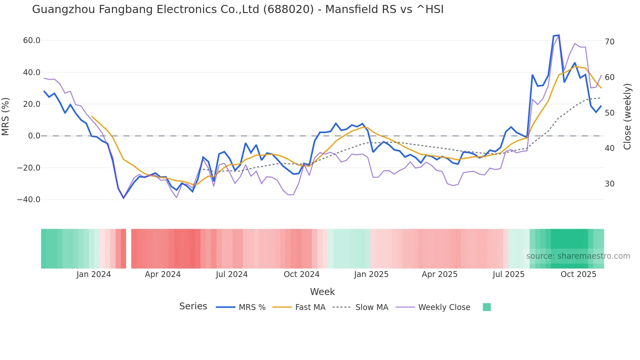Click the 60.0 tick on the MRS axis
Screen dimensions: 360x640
(x=32, y=41)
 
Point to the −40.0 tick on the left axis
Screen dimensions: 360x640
(x=29, y=200)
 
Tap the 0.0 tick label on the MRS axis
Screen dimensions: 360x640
(x=34, y=136)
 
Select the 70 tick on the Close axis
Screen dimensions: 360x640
(x=610, y=42)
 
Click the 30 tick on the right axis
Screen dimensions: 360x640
(x=610, y=184)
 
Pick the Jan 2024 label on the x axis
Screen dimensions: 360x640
(x=94, y=274)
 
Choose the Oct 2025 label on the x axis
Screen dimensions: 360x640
(x=578, y=274)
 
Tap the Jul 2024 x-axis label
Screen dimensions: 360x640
(x=232, y=274)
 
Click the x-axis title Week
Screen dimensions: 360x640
(x=322, y=292)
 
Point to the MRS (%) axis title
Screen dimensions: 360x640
(x=6, y=116)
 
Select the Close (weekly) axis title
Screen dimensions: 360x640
(x=627, y=116)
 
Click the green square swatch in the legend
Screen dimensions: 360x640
(x=487, y=307)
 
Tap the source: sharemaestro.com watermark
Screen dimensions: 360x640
(x=578, y=256)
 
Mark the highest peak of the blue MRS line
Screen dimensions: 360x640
(x=559, y=35)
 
